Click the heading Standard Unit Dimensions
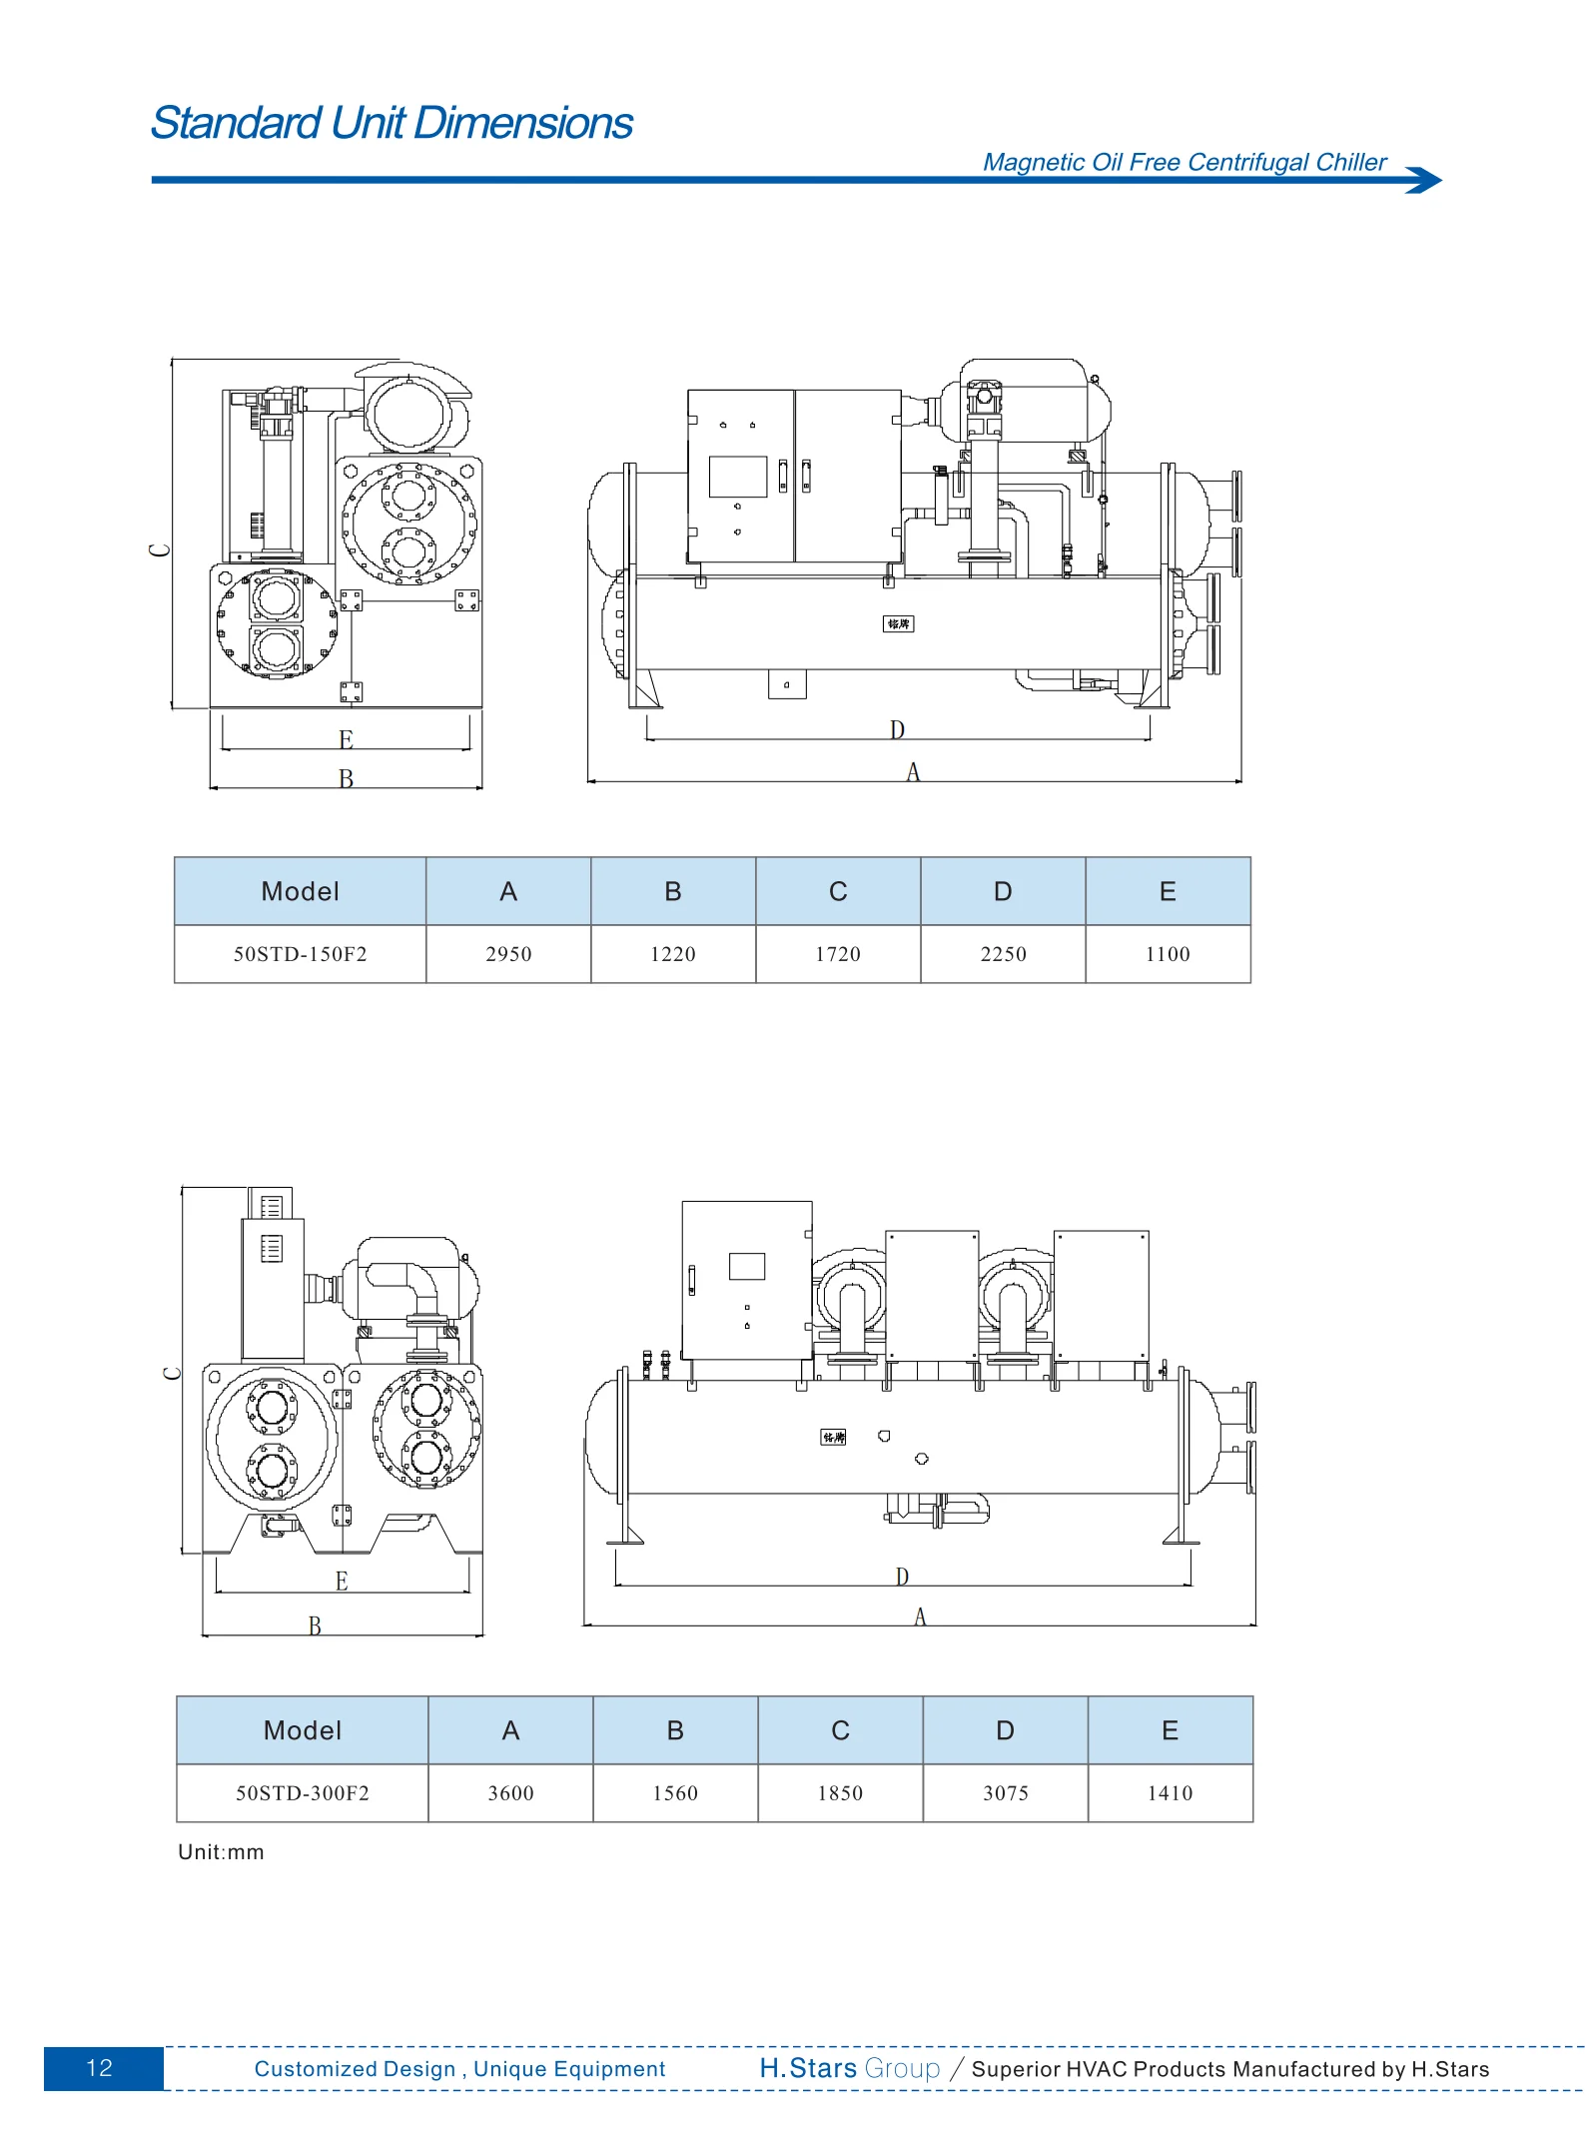392,124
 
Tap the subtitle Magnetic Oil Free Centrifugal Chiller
1185,163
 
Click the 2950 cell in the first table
508,954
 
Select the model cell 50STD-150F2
301,954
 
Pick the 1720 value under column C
838,954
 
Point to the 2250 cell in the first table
1003,954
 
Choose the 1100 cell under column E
1168,954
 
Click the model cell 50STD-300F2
303,1793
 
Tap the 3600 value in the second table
510,1793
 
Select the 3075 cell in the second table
1006,1793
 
